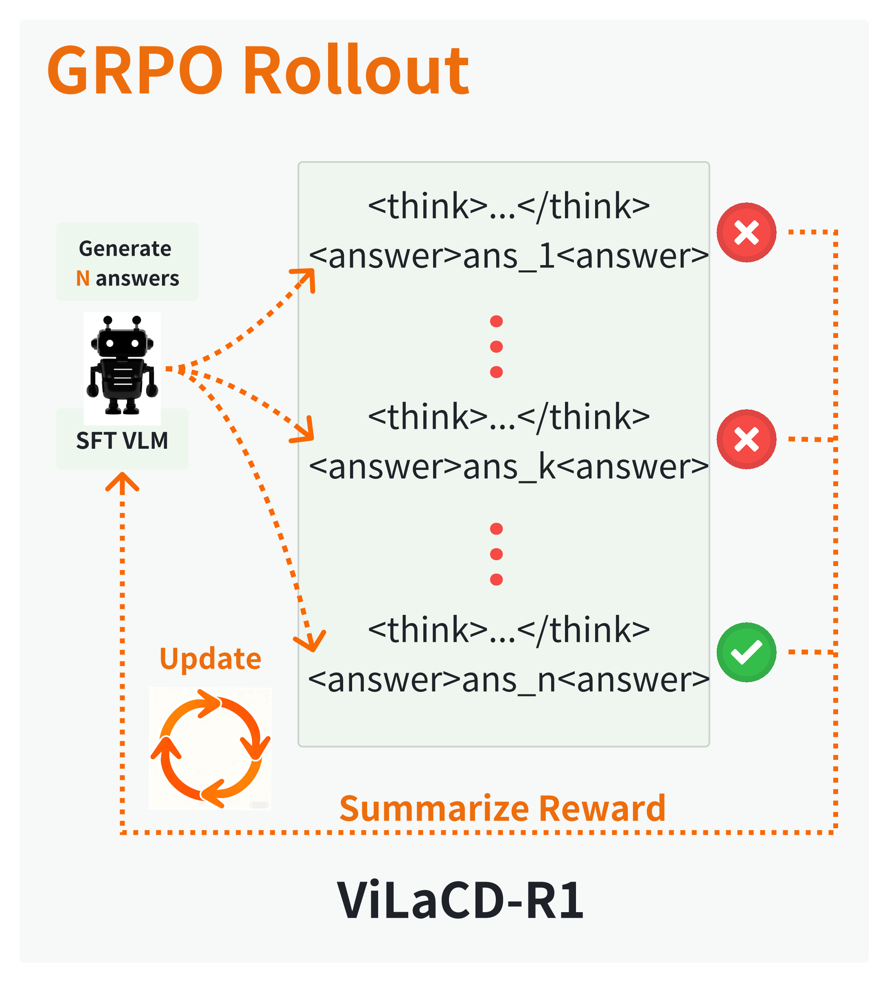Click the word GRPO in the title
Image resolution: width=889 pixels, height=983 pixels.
click(134, 71)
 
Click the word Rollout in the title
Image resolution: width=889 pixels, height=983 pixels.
click(356, 71)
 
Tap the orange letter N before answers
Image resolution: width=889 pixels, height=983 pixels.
click(82, 279)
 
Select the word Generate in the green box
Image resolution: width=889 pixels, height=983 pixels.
click(125, 249)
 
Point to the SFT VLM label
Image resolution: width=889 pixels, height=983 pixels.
click(122, 441)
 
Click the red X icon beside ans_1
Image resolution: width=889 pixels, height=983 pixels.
click(746, 233)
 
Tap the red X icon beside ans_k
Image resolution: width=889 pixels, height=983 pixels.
click(746, 439)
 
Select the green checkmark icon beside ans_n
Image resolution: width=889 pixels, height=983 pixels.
click(746, 652)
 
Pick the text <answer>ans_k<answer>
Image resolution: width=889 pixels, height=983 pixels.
click(508, 467)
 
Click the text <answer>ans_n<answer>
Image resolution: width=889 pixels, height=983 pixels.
click(508, 680)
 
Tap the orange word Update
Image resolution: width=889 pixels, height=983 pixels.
click(210, 659)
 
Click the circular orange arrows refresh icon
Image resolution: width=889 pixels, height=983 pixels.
click(210, 748)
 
